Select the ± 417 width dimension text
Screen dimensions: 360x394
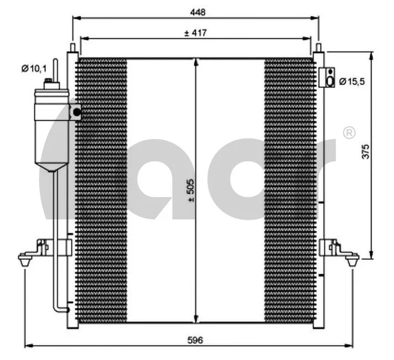[x=195, y=33]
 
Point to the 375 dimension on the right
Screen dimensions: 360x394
[x=365, y=152]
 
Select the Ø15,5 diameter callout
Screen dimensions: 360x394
[x=351, y=81]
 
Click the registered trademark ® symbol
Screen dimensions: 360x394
[x=349, y=132]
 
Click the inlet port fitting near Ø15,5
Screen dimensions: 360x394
[x=328, y=78]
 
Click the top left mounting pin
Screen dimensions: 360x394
[x=72, y=48]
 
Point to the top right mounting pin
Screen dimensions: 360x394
[x=319, y=48]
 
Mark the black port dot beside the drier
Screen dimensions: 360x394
[x=76, y=112]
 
